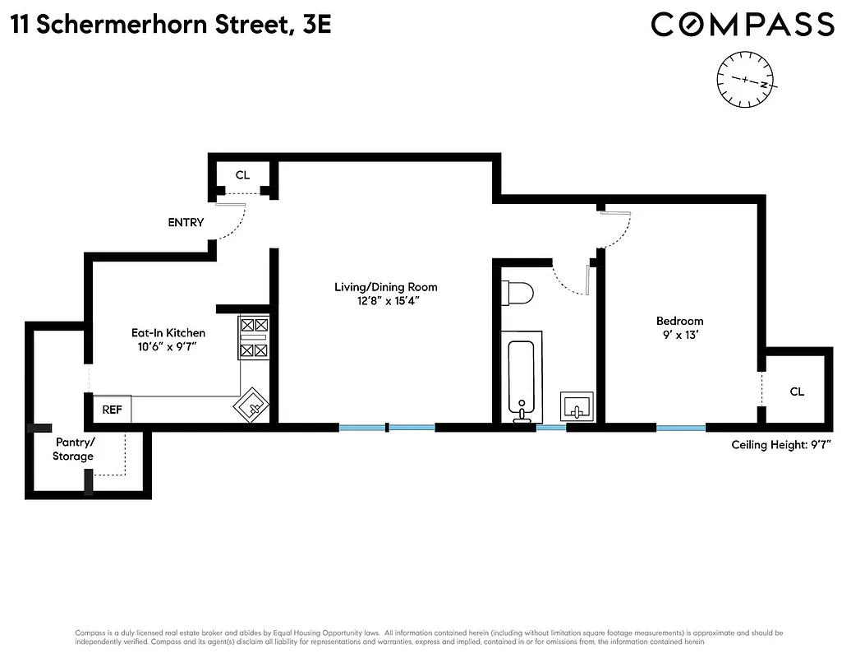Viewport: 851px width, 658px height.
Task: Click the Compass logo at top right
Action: [x=743, y=24]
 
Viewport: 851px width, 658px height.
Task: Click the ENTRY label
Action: [x=186, y=222]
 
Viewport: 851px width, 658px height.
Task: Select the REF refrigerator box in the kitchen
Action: [x=111, y=409]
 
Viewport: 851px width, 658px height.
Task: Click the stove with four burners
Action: [x=254, y=337]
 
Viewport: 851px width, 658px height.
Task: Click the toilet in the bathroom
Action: [x=517, y=293]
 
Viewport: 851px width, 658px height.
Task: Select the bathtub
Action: [x=524, y=378]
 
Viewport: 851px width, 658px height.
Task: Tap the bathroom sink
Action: [x=579, y=406]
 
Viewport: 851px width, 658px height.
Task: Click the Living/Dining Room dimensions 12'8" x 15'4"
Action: [x=385, y=301]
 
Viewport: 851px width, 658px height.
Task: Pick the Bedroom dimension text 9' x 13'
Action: [x=679, y=335]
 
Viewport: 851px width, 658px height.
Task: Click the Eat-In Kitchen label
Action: [x=168, y=332]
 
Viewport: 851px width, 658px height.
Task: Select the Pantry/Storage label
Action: [x=73, y=449]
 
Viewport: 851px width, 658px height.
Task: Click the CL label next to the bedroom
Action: [x=797, y=392]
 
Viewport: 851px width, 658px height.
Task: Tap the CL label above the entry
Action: [x=242, y=174]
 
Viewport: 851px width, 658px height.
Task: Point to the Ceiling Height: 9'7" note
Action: [x=782, y=445]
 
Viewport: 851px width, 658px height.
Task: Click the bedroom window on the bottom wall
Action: [x=681, y=428]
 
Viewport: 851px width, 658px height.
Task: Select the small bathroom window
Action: [x=551, y=428]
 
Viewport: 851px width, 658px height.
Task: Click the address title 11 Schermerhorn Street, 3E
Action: [x=172, y=25]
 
